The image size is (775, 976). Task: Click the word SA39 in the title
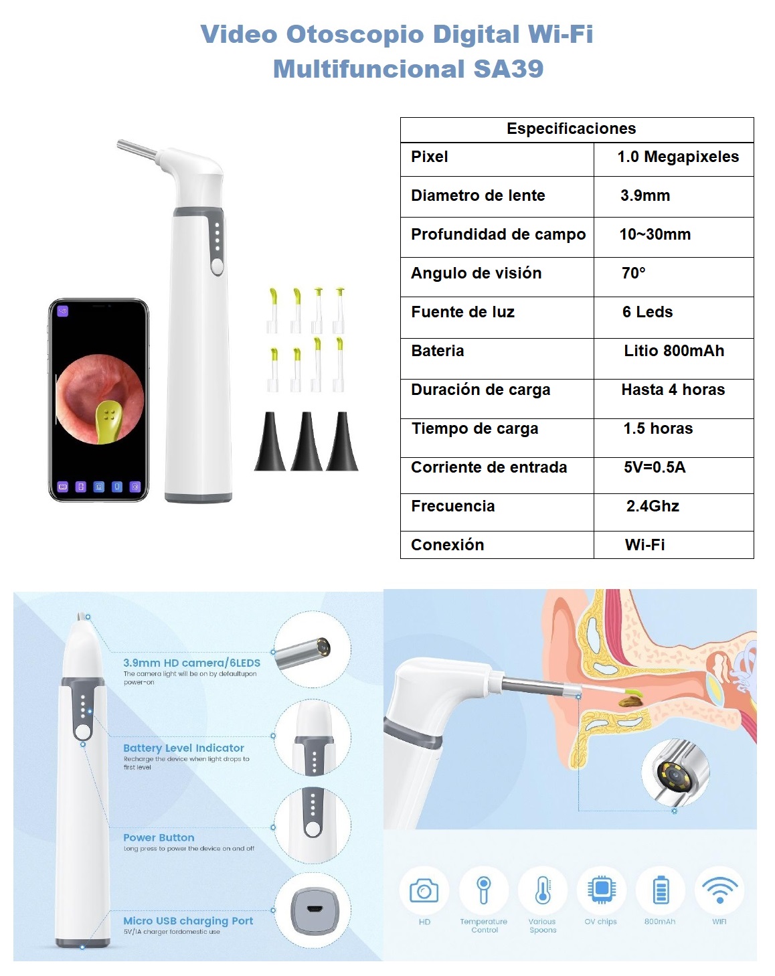508,69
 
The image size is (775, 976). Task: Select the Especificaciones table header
571,129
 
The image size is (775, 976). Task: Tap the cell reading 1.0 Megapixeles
677,157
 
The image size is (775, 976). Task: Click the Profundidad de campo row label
498,235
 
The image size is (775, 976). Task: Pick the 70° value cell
633,273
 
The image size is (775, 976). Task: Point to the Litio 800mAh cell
673,351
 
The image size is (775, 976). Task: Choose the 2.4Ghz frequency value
653,507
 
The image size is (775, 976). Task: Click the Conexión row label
447,545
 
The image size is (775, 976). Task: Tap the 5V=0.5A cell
654,468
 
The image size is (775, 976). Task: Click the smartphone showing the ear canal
98,400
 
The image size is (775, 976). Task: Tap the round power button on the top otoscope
217,266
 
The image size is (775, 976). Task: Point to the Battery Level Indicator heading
183,748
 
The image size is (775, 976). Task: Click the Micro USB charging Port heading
188,921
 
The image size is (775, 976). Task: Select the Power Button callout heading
159,838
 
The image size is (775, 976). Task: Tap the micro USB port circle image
313,910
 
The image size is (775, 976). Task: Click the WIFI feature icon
719,890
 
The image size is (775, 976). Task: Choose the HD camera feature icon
424,891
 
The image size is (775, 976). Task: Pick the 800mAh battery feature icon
660,890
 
